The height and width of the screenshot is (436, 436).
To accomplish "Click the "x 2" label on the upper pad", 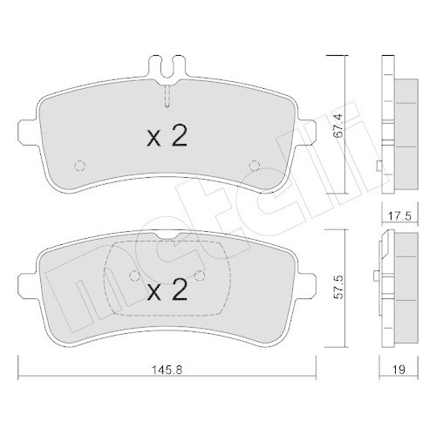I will coord(166,135).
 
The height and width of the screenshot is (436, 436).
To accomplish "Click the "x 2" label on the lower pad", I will coord(166,290).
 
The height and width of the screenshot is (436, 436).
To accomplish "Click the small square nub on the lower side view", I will coord(376,276).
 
